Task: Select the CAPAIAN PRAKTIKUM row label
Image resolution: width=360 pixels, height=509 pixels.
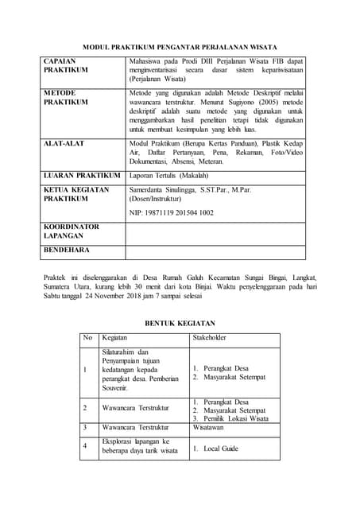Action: point(66,65)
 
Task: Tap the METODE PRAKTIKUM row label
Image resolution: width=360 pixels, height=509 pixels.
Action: point(66,98)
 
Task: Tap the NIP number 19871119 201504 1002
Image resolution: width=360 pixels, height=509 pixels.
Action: point(172,213)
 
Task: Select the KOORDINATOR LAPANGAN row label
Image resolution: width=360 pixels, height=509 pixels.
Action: point(72,231)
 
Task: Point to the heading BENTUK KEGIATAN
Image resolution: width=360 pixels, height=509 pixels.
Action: point(180,323)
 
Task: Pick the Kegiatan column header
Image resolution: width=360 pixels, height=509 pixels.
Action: point(115,338)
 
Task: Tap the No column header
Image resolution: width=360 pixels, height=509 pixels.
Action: point(87,338)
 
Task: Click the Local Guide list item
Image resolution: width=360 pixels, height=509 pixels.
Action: point(221,449)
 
